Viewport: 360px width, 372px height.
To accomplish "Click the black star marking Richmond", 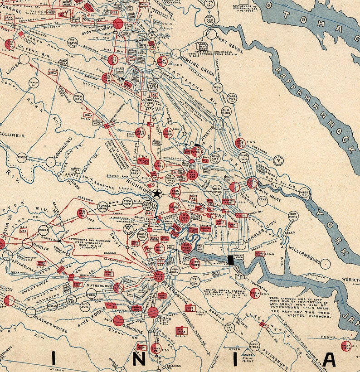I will coord(157,193).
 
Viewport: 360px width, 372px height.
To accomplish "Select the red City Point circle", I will coord(195,263).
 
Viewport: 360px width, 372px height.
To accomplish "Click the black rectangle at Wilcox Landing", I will coord(230,260).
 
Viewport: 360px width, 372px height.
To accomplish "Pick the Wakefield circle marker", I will coord(254,346).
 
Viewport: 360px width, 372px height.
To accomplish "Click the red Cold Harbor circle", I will coord(192,174).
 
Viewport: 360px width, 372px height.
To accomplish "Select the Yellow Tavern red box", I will coord(143,161).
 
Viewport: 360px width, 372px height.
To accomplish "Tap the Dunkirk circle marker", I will coord(226,111).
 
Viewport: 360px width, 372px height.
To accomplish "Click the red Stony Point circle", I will coord(156,349).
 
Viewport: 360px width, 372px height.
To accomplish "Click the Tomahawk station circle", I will coord(103,207).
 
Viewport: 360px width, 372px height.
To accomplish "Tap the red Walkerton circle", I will coord(240,143).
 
